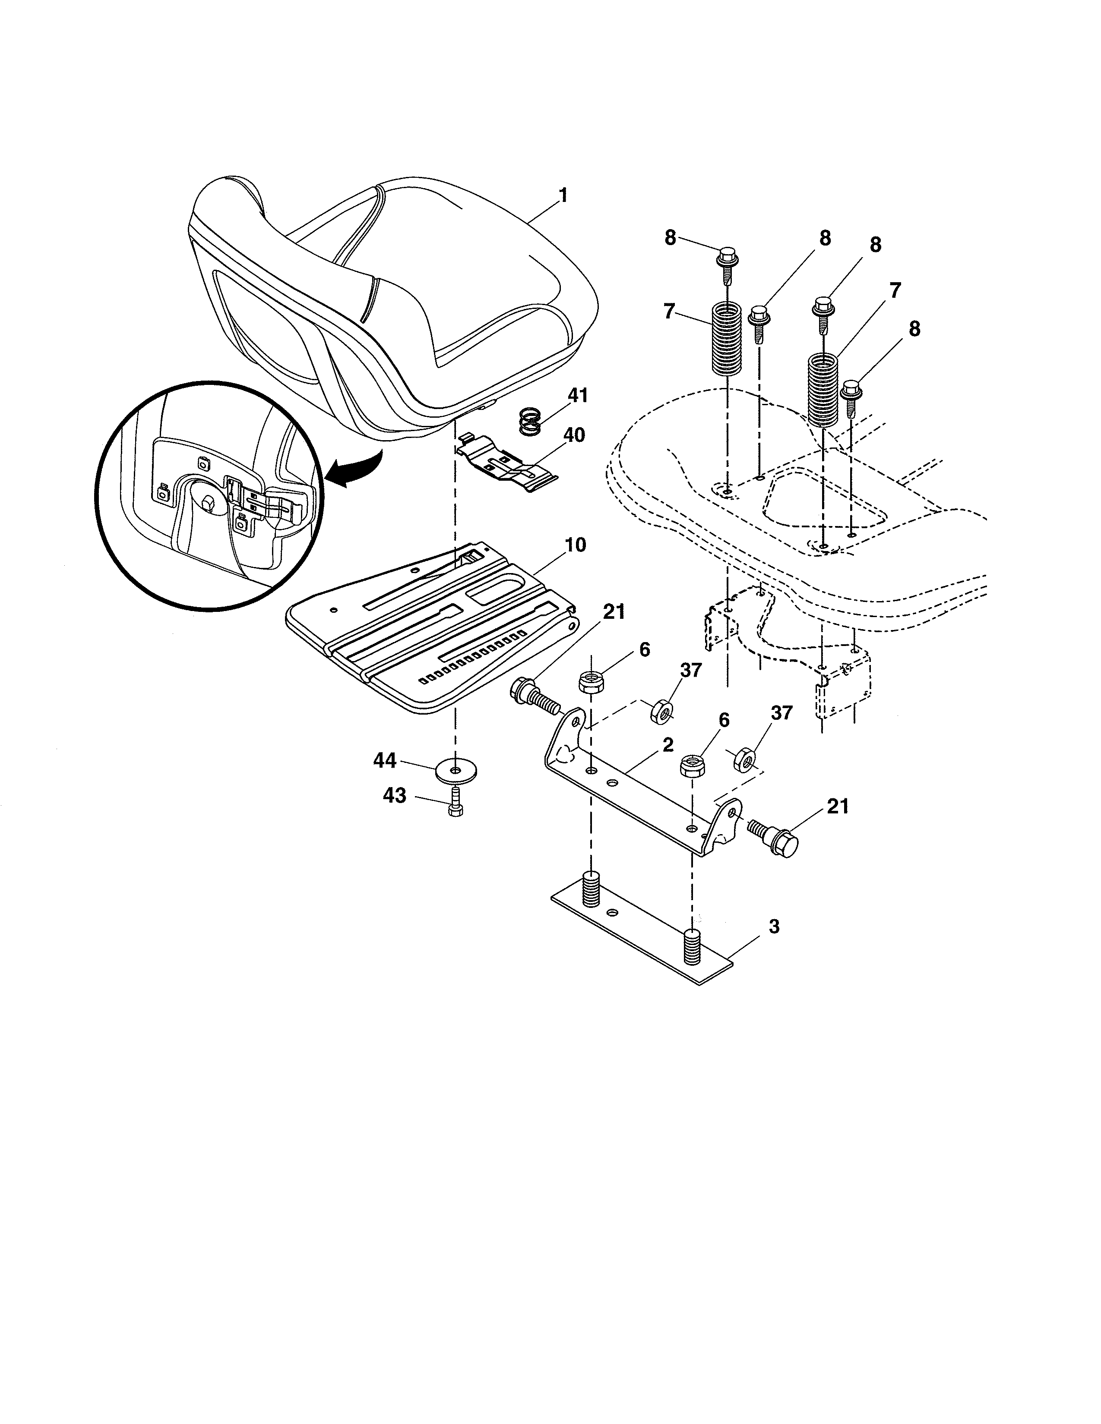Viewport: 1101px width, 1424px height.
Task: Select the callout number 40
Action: pyautogui.click(x=574, y=435)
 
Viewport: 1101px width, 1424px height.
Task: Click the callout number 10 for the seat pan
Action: pyautogui.click(x=575, y=545)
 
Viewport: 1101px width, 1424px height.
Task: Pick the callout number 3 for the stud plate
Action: pyautogui.click(x=774, y=926)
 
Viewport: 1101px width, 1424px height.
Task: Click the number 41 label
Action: pyautogui.click(x=577, y=396)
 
